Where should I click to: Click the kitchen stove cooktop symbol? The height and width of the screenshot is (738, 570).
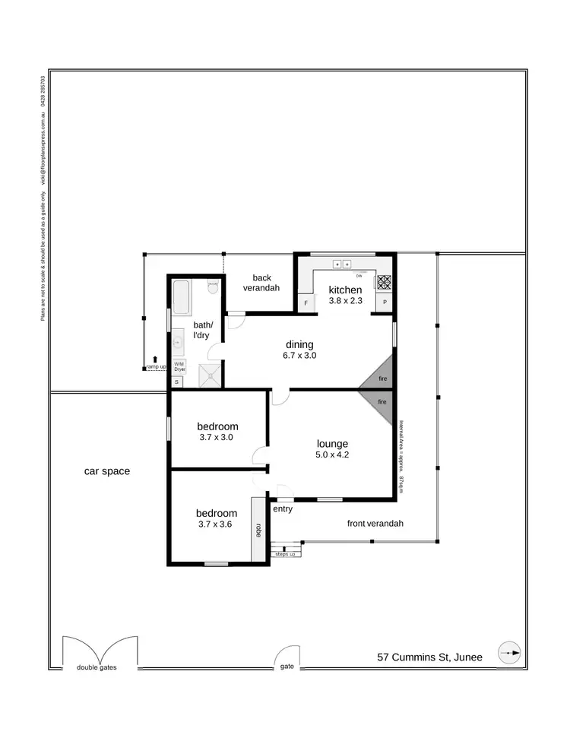point(384,282)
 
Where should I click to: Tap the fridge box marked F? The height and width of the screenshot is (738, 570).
point(306,303)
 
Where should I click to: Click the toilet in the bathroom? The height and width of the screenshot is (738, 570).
point(213,287)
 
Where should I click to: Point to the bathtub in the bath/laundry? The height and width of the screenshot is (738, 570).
point(182,297)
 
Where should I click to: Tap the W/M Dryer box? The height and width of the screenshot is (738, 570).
point(179,366)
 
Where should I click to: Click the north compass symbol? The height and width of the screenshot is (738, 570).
point(509,653)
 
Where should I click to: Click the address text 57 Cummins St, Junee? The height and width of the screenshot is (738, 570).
point(429,657)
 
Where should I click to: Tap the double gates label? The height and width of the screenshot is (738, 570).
point(97,668)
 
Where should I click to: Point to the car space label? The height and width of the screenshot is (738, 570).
point(106,471)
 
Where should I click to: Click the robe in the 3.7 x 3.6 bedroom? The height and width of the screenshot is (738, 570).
point(259,529)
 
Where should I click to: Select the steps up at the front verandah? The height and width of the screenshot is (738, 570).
point(286,552)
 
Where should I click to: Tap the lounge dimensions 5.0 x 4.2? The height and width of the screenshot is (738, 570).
point(332,455)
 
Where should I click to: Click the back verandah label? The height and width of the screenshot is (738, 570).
point(261,283)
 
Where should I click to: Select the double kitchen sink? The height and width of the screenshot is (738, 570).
point(342,264)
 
